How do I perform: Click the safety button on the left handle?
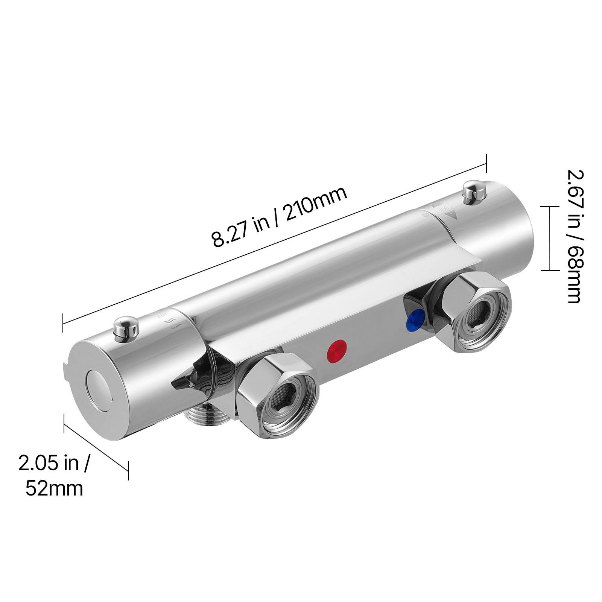pos(126,327)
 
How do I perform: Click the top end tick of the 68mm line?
pos(550,207)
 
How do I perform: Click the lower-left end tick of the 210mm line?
pos(63,322)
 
